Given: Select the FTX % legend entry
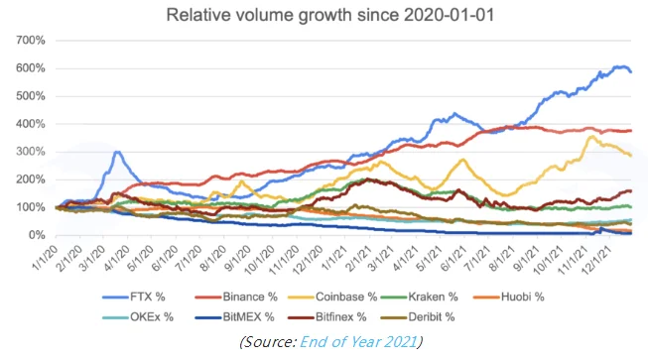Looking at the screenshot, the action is [x=134, y=297].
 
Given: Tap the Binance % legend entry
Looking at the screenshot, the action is [x=236, y=297].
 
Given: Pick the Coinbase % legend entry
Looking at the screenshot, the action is [x=332, y=297].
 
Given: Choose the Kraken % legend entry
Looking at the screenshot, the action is [x=420, y=297].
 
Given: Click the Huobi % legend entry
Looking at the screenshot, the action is [x=509, y=297].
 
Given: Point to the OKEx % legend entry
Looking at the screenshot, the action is [x=138, y=317].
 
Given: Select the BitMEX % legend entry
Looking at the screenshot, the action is [x=235, y=317].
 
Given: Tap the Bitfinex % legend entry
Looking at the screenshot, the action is [x=327, y=317].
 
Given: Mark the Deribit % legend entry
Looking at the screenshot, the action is [x=418, y=317].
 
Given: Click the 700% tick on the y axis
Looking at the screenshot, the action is [x=30, y=41].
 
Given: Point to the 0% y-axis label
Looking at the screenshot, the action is [x=36, y=235].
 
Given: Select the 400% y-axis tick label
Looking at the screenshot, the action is [x=30, y=124].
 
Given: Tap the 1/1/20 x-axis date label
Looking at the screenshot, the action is [x=45, y=258].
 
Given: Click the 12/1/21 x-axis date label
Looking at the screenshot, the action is [x=595, y=259].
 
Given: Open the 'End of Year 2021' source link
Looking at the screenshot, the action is [x=358, y=342].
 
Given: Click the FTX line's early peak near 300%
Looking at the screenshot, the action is [x=117, y=153].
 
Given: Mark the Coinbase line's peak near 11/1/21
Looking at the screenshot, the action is [x=591, y=136].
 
